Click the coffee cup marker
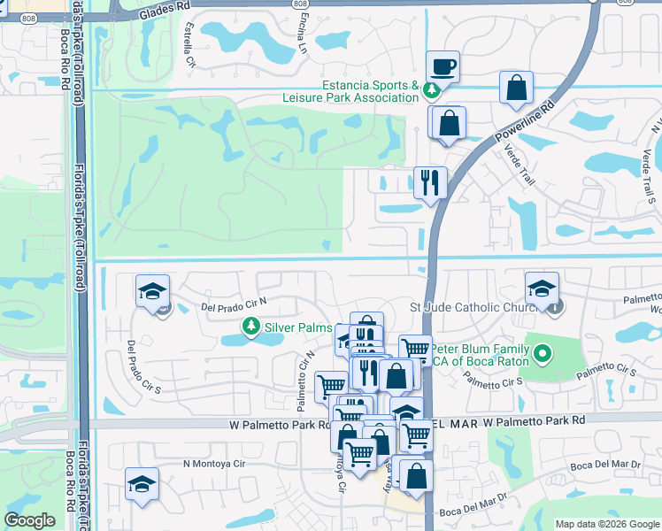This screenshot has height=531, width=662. pos(443,66)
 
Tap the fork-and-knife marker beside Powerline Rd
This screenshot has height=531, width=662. pos(430,183)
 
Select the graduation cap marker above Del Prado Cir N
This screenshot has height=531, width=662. pos(152,290)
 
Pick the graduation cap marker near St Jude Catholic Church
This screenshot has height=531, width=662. pos(542,288)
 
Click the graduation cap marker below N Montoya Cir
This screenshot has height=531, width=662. pos(142,483)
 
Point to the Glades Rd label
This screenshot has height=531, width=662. pos(165,4)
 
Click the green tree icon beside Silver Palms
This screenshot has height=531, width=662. pos(252,327)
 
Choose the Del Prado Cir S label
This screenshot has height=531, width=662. pos(143,366)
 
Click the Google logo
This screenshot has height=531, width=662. pos(30,520)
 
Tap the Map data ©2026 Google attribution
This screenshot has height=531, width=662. pos(607,524)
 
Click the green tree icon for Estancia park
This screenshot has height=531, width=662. pos(431,88)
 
